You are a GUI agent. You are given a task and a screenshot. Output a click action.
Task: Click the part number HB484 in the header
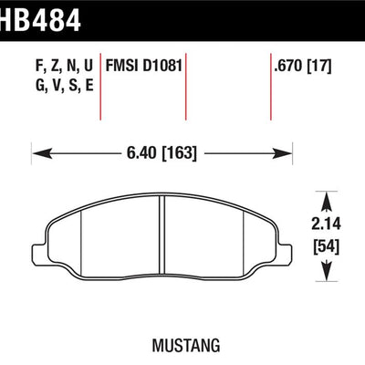click(40, 20)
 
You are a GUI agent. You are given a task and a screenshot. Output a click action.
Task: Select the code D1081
click(162, 66)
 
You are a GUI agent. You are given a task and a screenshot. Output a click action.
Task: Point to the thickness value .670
click(288, 66)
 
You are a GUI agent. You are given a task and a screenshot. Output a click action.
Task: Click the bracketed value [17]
click(318, 66)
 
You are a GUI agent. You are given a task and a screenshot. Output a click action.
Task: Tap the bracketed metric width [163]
click(180, 153)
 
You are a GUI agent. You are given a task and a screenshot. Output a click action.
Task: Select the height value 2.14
click(326, 224)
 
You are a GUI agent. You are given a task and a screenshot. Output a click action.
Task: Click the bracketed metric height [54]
click(326, 247)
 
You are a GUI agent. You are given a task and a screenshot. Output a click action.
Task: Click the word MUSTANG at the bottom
click(186, 346)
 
